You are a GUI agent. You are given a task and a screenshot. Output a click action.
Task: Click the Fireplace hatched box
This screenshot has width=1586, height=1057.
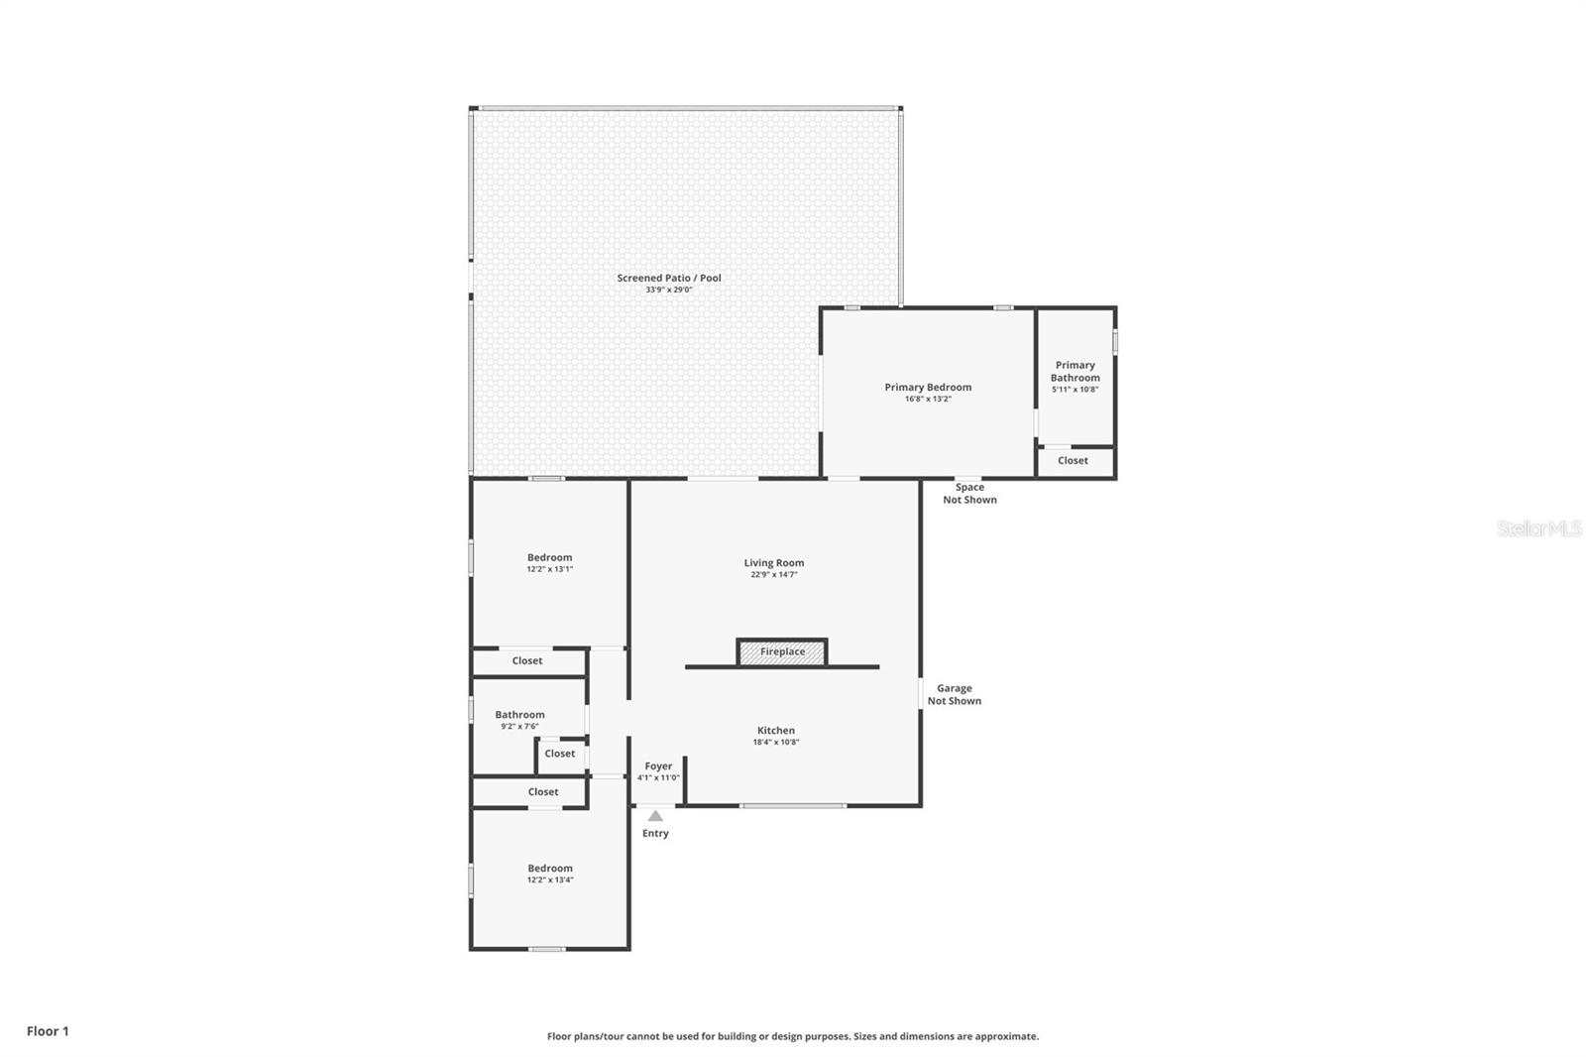point(782,651)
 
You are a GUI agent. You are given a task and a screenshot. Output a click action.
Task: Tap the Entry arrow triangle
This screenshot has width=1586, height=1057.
point(655,815)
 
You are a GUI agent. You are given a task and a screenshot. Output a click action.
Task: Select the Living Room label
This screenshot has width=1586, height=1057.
point(774,562)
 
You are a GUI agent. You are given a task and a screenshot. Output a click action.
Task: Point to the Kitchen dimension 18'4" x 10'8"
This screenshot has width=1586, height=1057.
point(776,742)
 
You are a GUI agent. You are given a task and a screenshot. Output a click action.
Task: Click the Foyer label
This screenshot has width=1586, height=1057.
point(658,765)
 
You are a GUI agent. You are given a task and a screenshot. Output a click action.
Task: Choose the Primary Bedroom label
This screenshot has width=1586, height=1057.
point(928,387)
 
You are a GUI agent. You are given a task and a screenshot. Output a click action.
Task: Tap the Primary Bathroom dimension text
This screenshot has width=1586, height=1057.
point(1075,389)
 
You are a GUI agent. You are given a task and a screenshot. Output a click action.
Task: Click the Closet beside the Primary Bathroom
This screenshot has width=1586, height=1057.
point(1073,460)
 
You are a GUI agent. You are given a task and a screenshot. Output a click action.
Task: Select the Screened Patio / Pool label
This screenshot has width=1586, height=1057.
point(669,278)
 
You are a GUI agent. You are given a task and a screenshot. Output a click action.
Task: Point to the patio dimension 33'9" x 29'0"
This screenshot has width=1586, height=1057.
point(669,290)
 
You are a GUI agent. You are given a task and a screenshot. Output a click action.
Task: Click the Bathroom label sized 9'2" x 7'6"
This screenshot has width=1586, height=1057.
point(519,715)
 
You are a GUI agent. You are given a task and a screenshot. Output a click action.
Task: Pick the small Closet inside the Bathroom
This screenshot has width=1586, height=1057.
point(560,754)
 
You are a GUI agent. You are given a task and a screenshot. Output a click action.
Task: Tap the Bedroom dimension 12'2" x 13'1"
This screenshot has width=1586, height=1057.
point(549,569)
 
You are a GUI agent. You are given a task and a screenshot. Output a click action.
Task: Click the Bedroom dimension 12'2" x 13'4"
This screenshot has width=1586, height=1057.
point(550,880)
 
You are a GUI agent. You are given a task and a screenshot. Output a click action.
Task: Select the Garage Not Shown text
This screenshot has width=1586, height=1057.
point(955,694)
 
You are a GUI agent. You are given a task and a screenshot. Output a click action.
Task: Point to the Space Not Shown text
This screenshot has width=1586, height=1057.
point(970,493)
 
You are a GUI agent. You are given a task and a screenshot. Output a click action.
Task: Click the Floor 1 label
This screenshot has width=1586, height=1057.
point(49,1031)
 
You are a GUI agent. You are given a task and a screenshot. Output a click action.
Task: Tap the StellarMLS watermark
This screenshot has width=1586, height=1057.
point(1538,528)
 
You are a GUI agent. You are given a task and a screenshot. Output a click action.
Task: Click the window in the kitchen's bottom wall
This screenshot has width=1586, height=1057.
point(793,805)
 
